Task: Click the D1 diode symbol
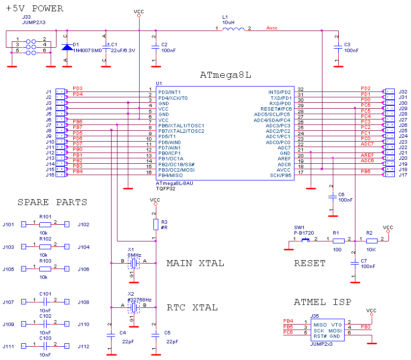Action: tap(67, 47)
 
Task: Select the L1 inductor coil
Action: tap(234, 30)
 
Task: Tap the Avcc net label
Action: tap(271, 28)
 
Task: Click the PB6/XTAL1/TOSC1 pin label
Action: tap(181, 125)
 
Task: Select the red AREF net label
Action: tap(367, 155)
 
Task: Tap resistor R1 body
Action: tap(338, 241)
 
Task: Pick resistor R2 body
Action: tap(371, 241)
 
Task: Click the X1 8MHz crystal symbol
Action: tap(133, 264)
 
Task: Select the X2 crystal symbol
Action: tap(133, 308)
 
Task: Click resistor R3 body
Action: tap(155, 224)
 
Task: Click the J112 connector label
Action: tap(84, 347)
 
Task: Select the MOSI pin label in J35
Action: tap(335, 330)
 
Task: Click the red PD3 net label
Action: tap(77, 89)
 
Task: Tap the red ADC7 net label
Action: tap(367, 144)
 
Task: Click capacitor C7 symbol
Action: tap(354, 263)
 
